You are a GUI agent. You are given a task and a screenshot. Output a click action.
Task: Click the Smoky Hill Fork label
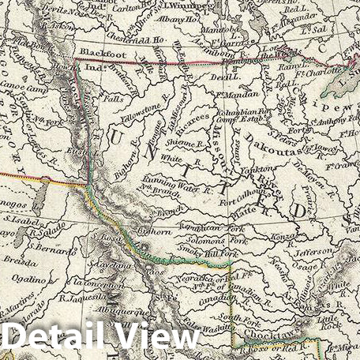pyautogui.click(x=209, y=251)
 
